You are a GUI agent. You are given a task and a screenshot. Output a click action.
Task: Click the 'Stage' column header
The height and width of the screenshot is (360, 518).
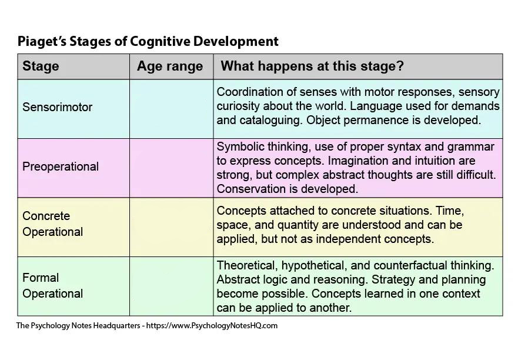point(41,66)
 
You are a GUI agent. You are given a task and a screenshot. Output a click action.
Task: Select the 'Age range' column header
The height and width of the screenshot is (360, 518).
point(170,66)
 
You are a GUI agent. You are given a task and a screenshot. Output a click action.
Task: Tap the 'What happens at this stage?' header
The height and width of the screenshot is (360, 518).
point(312,66)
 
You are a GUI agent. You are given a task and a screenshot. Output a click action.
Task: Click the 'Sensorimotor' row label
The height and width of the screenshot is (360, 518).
point(57,107)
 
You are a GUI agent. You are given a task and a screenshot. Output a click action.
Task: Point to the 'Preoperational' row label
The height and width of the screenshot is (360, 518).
point(61,166)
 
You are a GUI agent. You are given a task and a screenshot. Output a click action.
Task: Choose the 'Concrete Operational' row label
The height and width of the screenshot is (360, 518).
point(52,224)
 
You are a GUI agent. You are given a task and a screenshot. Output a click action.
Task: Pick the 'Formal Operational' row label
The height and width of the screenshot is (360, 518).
point(52,286)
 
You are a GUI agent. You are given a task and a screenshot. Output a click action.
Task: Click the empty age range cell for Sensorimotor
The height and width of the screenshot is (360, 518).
point(172,109)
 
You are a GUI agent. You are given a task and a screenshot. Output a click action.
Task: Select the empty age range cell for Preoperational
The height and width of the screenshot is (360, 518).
point(172,168)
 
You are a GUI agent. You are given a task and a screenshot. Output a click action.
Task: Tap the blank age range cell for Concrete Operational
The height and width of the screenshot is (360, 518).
point(172,227)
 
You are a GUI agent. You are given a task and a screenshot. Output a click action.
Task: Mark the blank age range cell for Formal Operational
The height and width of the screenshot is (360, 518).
point(172,286)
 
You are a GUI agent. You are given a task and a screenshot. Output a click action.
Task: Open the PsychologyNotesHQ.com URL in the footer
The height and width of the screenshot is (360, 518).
point(212,326)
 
